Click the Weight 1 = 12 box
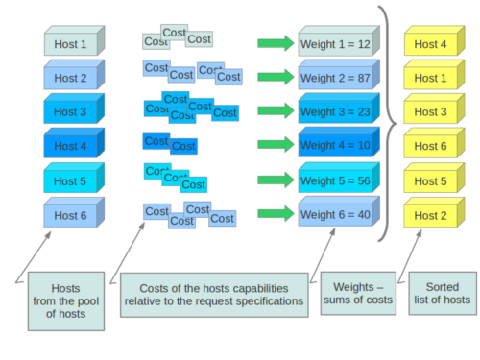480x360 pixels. (x=336, y=44)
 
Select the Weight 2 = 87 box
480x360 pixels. (x=336, y=79)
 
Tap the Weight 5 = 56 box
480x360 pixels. (x=336, y=180)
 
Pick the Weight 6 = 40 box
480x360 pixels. (x=336, y=215)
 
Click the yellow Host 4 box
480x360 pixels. (x=430, y=44)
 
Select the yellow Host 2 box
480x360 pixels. (x=430, y=215)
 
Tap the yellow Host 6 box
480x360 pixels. (x=430, y=147)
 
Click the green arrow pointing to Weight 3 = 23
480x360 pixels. (x=276, y=112)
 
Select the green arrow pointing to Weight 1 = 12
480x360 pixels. (x=276, y=43)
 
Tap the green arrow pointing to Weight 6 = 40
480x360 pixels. (x=276, y=214)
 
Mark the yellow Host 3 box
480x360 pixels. (x=430, y=112)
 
